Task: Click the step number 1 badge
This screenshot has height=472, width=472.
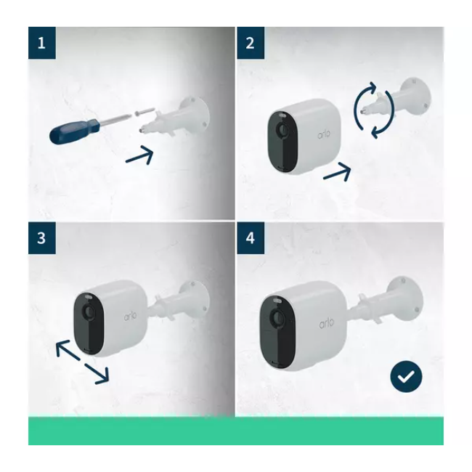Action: tap(42, 43)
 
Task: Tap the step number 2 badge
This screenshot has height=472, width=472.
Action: tap(251, 43)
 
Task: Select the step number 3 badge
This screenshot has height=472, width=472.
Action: tap(42, 238)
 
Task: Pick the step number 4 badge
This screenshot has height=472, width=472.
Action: tap(251, 238)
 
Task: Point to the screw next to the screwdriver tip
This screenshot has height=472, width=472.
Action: tap(145, 110)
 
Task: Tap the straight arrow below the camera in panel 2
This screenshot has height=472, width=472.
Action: tap(337, 172)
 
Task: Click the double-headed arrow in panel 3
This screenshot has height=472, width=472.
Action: tap(82, 362)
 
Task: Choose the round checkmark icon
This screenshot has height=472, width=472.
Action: tap(406, 376)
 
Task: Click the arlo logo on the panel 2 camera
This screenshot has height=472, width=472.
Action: tap(324, 134)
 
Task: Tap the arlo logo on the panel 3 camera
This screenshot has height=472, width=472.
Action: tap(130, 315)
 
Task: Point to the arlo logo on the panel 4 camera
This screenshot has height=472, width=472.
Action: tap(327, 323)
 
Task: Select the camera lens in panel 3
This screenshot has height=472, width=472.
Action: tap(89, 312)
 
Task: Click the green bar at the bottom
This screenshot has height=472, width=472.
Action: tap(236, 431)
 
